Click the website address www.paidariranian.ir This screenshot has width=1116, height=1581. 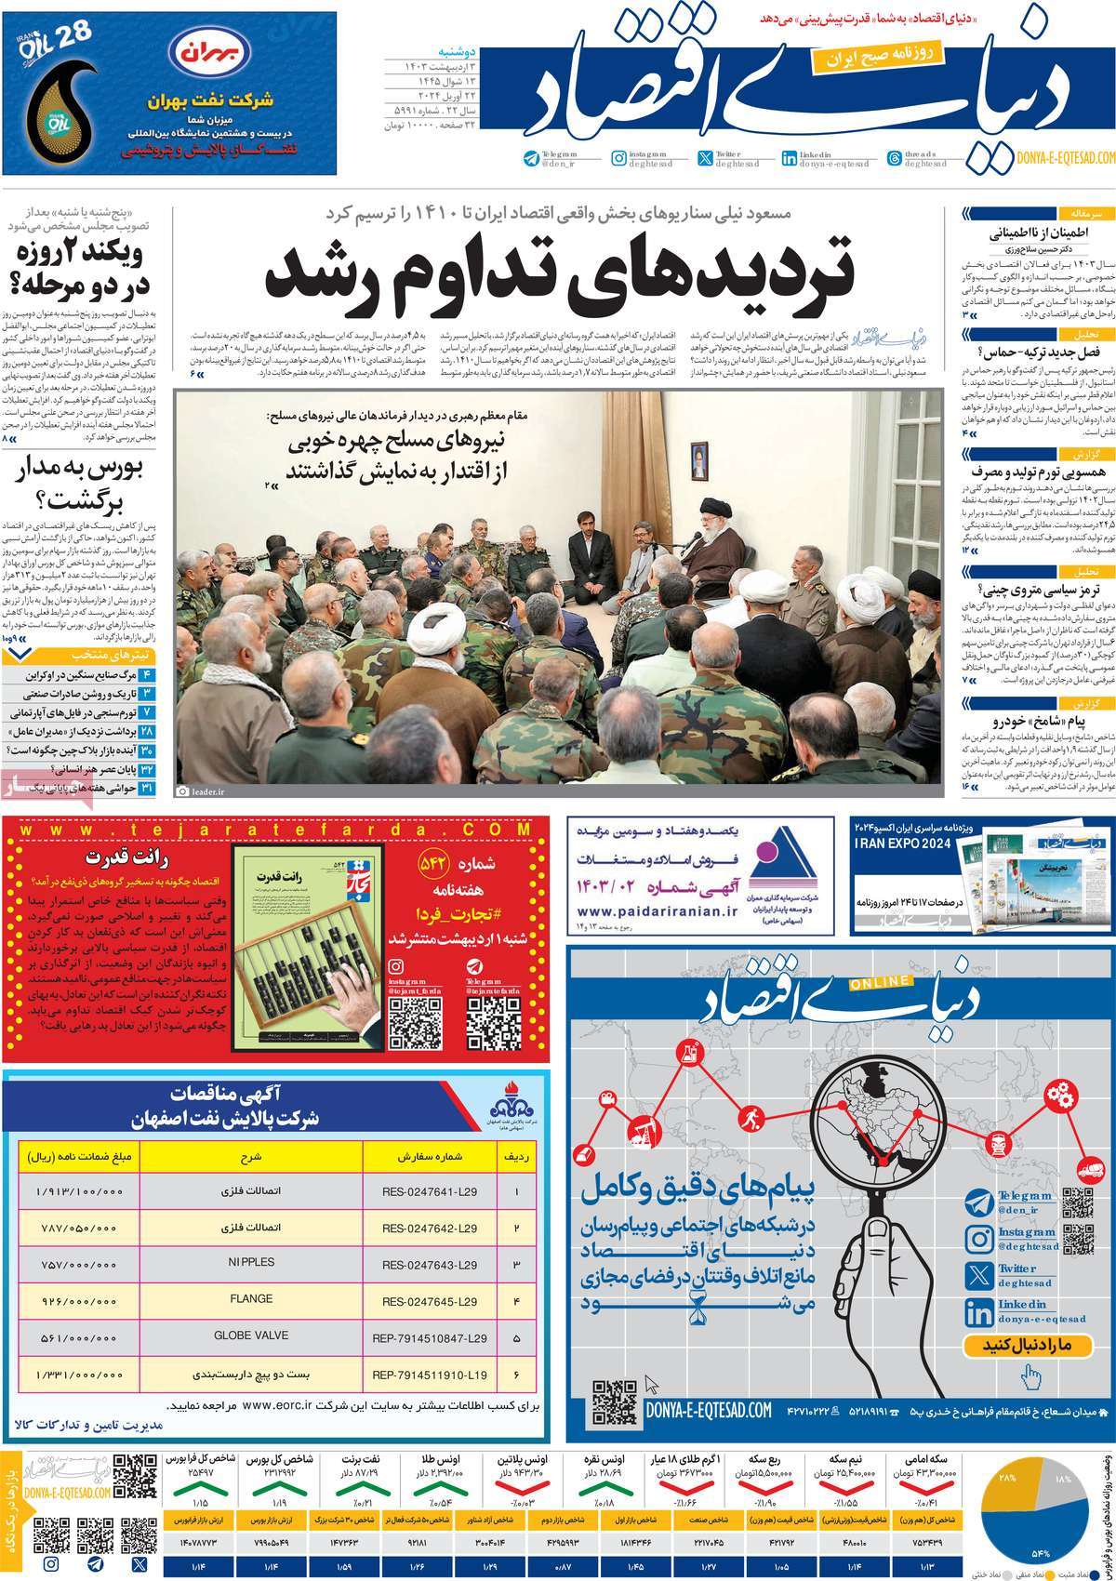pyautogui.click(x=652, y=911)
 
